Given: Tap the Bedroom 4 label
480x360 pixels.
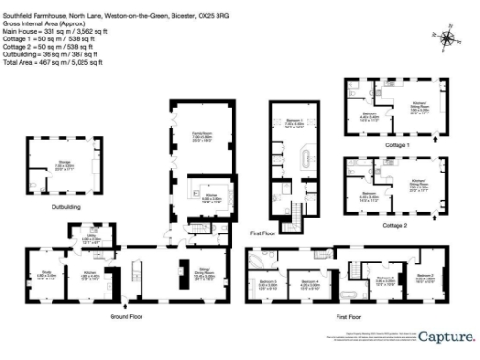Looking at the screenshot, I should [x=310, y=284].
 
